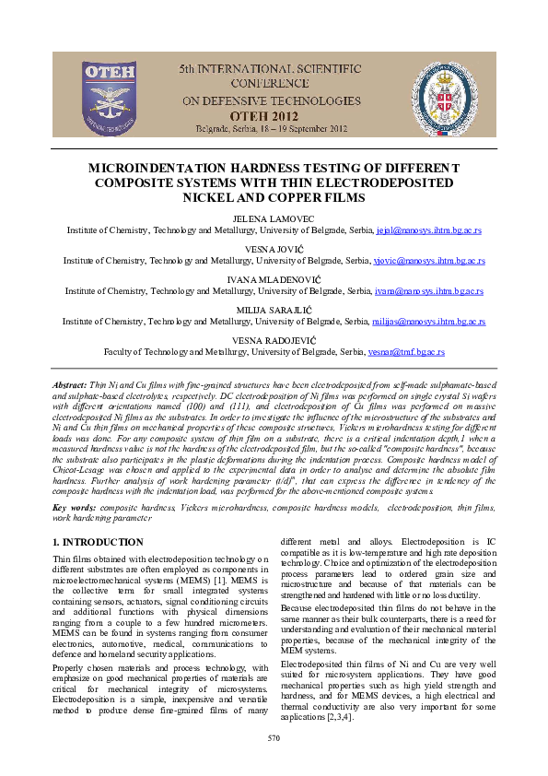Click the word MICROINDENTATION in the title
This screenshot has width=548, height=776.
pos(191,170)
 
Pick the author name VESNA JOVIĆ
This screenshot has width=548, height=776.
pos(274,250)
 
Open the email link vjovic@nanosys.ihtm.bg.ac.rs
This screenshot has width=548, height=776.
pos(429,261)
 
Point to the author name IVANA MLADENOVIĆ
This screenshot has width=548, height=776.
pos(274,279)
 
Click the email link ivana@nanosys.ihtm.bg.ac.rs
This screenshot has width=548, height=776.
pos(428,290)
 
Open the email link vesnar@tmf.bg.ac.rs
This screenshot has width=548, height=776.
pos(406,352)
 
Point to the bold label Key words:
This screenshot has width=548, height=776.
pos(73,507)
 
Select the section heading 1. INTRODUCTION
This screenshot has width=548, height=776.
pos(99,543)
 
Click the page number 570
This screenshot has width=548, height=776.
pos(274,737)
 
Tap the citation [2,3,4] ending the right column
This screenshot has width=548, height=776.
pos(335,716)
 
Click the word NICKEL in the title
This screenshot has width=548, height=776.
pos(211,197)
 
